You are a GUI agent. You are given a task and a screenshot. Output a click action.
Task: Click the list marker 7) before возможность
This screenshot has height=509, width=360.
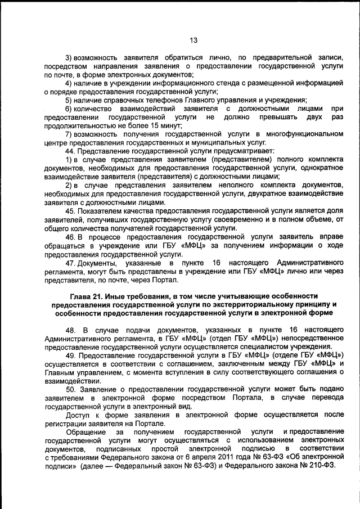click(x=69, y=133)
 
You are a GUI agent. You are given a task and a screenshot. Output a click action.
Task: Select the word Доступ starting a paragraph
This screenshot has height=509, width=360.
click(x=78, y=415)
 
